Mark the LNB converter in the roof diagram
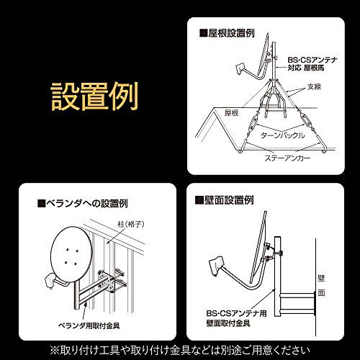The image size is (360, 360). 241,69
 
